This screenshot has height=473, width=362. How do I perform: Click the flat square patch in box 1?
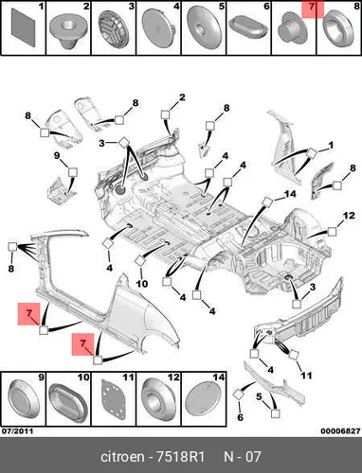coord(24,27)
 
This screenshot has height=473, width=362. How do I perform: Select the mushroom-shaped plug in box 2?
coord(68,31)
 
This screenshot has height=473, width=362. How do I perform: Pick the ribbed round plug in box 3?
coord(113,29)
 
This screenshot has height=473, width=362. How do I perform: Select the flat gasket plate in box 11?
coord(113,399)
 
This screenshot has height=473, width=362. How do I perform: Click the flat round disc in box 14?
coord(204,399)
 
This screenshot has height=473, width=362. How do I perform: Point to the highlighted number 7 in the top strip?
coord(312,7)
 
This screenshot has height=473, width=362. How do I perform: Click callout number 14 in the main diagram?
coord(290,194)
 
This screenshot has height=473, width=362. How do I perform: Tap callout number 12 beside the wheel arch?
coord(349,216)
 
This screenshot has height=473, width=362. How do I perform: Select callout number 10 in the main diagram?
coord(142,284)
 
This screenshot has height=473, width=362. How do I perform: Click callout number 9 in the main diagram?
coord(57,155)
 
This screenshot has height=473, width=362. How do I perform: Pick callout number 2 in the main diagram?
coord(182,97)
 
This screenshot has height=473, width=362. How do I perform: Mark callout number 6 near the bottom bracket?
coord(240,417)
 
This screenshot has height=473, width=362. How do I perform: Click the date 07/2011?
coord(18,430)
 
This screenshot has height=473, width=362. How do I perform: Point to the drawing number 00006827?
coord(340,431)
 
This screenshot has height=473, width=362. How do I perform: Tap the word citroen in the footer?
coord(122,457)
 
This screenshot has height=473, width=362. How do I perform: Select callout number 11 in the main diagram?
coord(306,376)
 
